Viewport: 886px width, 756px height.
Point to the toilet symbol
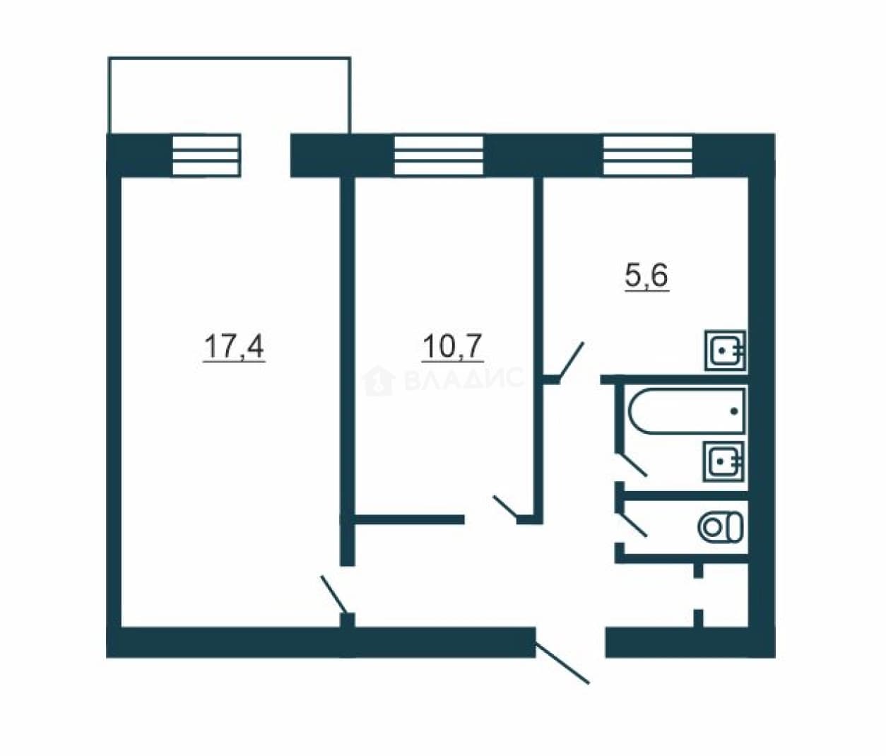pyautogui.click(x=720, y=526)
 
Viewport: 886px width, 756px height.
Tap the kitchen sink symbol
pyautogui.click(x=726, y=351)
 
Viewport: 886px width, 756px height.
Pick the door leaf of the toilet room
pyautogui.click(x=632, y=524)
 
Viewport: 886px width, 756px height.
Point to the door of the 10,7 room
pyautogui.click(x=506, y=507)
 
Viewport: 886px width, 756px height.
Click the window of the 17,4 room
pyautogui.click(x=206, y=155)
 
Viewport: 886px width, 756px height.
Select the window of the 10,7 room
pyautogui.click(x=439, y=155)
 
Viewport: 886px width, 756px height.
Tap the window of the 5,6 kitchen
pyautogui.click(x=648, y=155)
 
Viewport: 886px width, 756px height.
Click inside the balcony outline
pyautogui.click(x=230, y=95)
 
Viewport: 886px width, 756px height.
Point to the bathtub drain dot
pyautogui.click(x=734, y=411)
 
